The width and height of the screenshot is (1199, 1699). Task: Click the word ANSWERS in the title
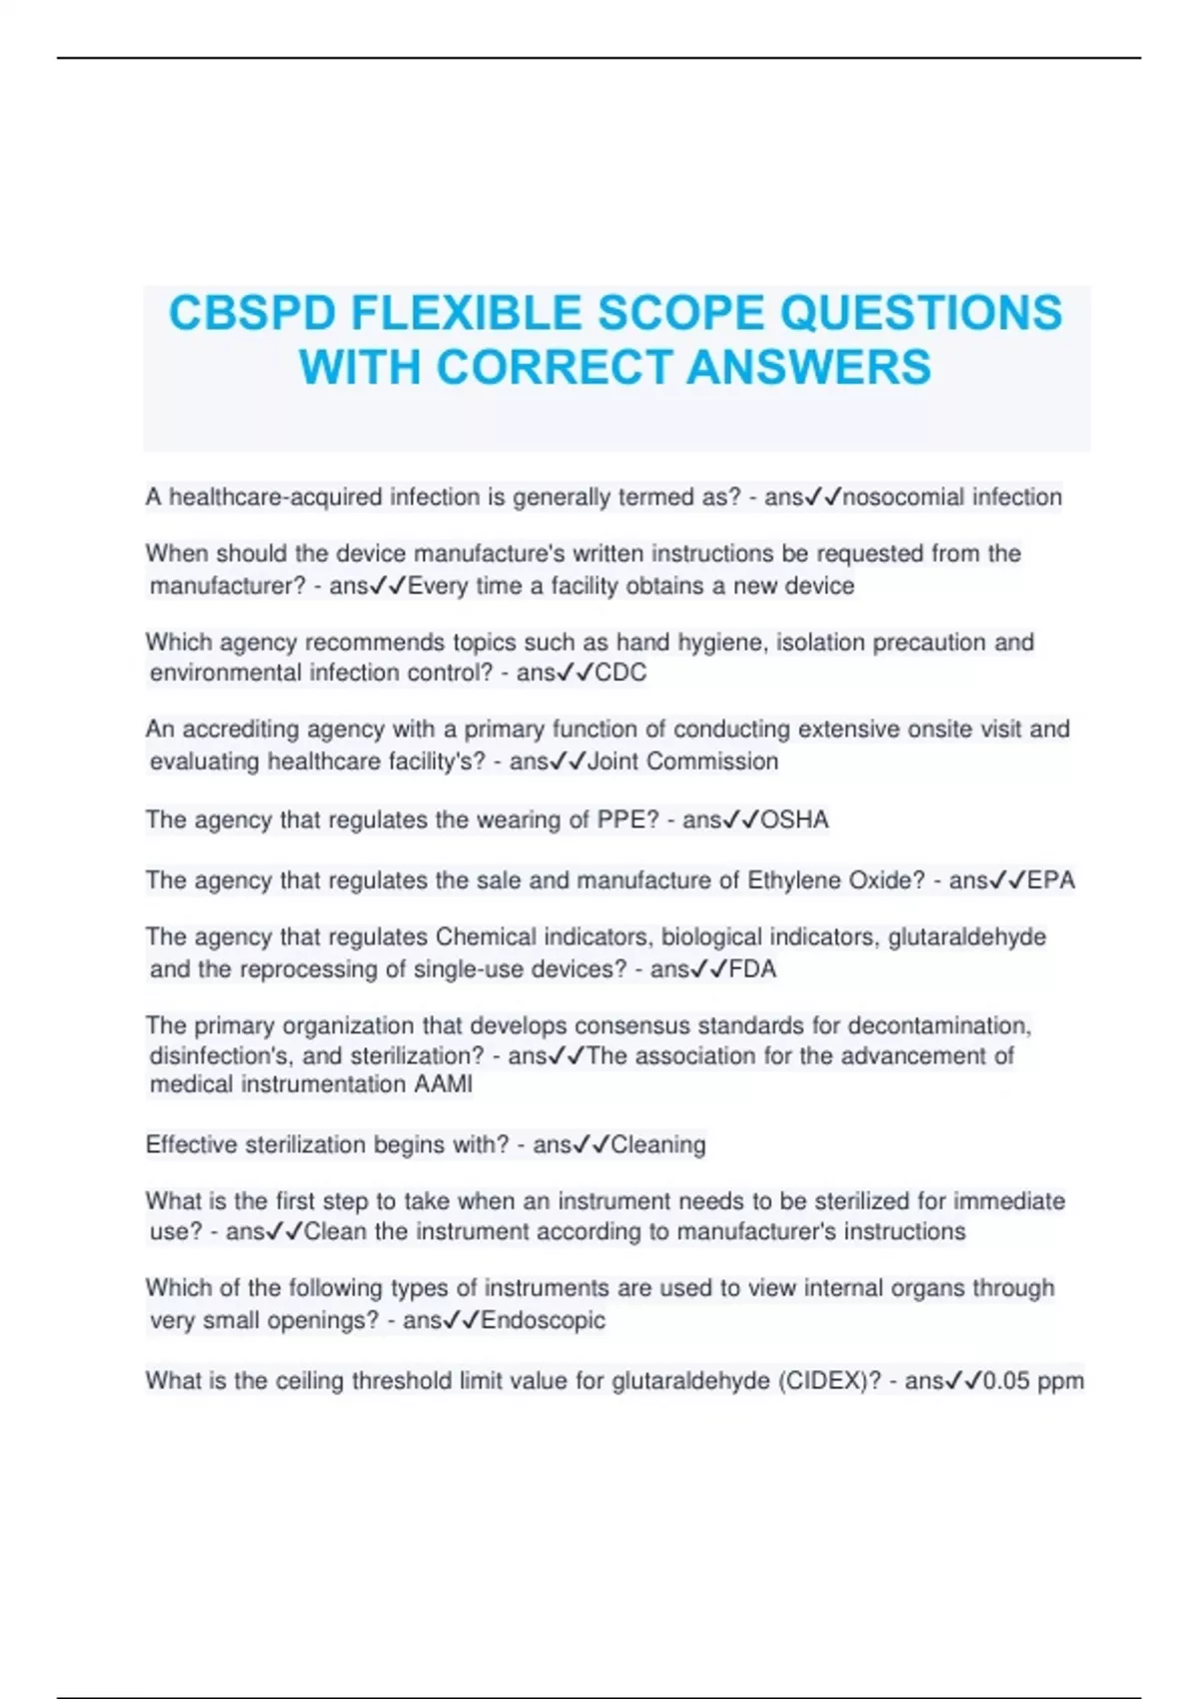(x=809, y=367)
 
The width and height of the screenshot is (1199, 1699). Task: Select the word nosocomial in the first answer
(x=904, y=497)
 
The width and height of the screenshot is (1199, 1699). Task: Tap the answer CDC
(x=620, y=673)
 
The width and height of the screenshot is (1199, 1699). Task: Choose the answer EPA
(x=1051, y=880)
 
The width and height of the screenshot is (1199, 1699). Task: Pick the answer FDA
(x=753, y=968)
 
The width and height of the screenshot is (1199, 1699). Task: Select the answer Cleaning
(x=658, y=1144)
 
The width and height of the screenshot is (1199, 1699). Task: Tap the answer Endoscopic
(x=544, y=1320)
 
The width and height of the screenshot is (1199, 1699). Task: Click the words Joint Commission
(x=682, y=762)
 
